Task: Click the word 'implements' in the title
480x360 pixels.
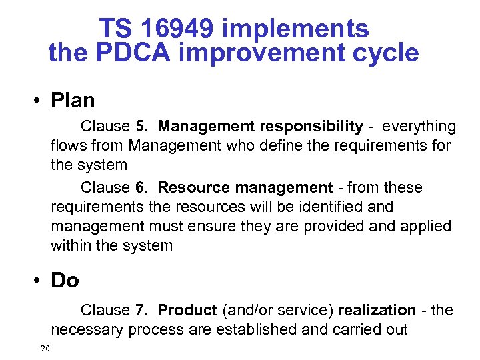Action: click(295, 29)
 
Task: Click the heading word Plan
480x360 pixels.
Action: click(73, 101)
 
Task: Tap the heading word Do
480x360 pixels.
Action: click(65, 281)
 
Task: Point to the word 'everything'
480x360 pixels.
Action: click(419, 127)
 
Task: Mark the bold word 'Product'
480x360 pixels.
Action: click(187, 311)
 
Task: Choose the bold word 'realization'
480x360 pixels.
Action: click(377, 311)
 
